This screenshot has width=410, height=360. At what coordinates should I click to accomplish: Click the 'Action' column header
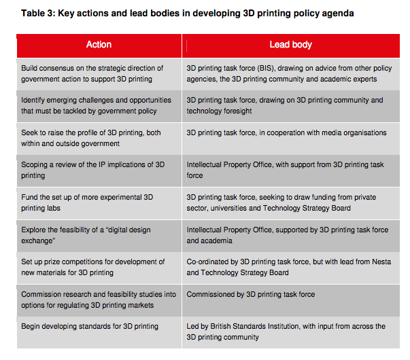99,45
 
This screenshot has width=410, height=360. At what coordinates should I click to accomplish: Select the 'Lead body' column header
290,45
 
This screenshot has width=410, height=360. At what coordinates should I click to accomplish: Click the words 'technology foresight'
220,111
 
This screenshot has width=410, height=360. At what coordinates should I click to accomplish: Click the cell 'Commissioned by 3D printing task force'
251,294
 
